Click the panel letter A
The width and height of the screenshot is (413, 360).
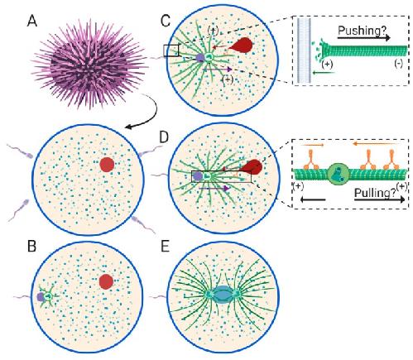coord(32,21)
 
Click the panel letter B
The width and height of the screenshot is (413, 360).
coord(32,246)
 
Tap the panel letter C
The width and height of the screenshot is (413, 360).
coord(166,21)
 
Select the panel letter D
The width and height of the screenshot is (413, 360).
coord(164,137)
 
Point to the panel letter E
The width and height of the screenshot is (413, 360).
coord(165,247)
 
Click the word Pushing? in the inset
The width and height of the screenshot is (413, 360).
coord(362,31)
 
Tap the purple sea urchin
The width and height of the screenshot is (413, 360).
coord(89,60)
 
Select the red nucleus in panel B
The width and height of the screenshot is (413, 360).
coord(106,281)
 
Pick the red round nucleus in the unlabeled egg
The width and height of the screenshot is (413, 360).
coord(107,165)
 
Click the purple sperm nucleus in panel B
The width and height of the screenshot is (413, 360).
coord(41,297)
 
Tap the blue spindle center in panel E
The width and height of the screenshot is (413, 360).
coord(221,295)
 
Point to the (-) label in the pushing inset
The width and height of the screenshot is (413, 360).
coord(398,64)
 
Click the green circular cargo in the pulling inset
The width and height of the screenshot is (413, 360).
coord(339,175)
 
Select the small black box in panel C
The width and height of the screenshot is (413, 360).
coord(171,50)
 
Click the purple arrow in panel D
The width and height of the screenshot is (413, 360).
coord(214,189)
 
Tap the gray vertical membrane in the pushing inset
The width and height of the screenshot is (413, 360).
coord(304,50)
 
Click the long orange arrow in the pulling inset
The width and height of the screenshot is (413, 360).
coord(376,143)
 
